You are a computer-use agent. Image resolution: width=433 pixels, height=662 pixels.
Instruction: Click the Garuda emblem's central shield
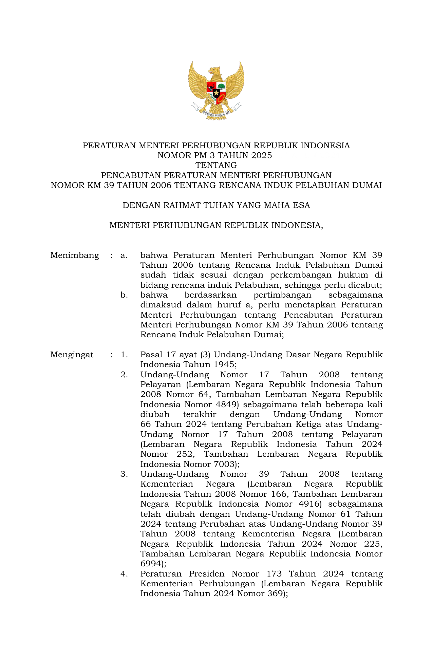click(216, 90)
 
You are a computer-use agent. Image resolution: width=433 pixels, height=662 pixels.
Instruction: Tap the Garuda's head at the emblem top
click(214, 71)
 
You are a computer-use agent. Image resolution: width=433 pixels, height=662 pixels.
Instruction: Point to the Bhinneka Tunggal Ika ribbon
click(216, 113)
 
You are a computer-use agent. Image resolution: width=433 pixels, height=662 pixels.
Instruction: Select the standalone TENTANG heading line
click(216, 166)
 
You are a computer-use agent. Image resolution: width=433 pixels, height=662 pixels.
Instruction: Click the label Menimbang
click(75, 255)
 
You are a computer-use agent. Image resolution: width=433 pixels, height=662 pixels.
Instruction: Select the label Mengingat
click(72, 355)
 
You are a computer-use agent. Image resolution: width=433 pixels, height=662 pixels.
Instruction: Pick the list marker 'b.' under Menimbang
click(124, 295)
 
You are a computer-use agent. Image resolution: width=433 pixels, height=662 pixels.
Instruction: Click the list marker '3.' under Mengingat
click(124, 474)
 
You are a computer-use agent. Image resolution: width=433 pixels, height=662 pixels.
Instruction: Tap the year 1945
click(224, 365)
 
